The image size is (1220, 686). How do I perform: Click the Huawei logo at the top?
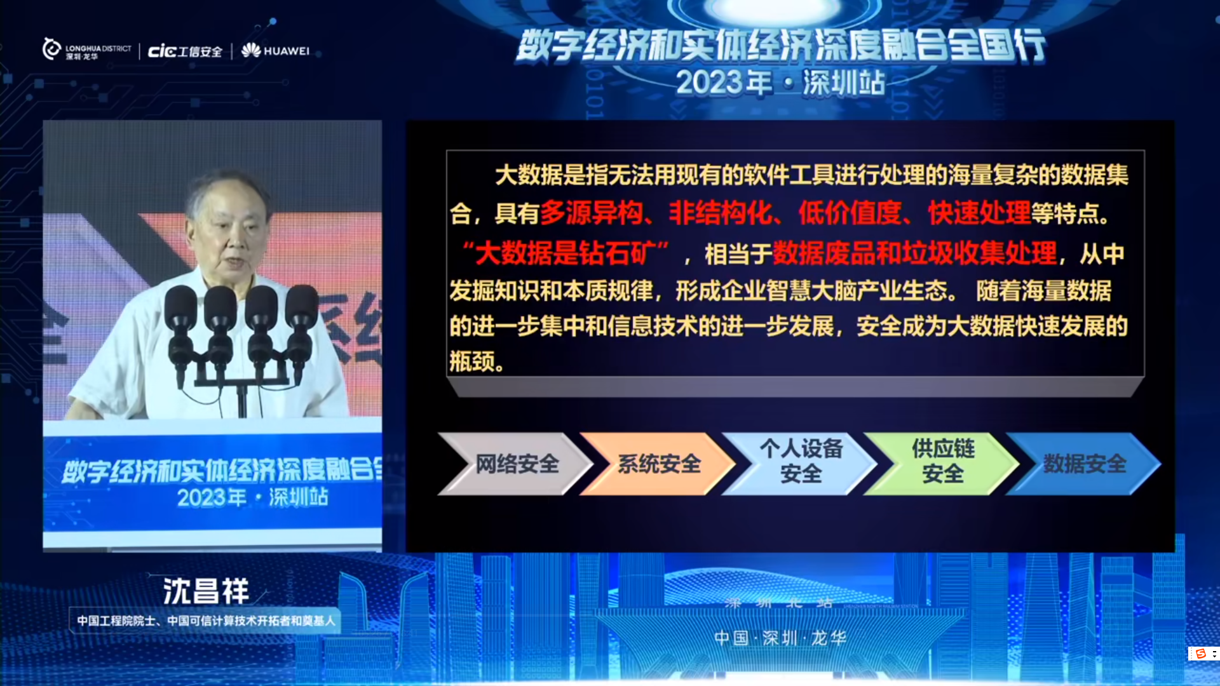pos(275,50)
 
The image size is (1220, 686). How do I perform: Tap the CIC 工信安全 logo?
pos(185,51)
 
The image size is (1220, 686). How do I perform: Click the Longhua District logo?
pos(87,50)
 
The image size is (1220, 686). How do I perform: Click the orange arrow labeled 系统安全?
pos(658,464)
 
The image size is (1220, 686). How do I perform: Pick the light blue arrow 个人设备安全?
pos(800,464)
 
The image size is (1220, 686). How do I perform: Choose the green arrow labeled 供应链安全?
pos(942,464)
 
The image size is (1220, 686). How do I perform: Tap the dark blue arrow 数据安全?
pos(1084,464)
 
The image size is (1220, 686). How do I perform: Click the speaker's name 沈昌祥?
pos(206,591)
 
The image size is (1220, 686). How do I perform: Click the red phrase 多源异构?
pos(592,213)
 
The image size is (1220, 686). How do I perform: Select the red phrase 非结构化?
pos(721,213)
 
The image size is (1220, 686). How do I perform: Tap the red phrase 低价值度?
pos(850,213)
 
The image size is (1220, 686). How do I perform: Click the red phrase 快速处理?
pos(979,213)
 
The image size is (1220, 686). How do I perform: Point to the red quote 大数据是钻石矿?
pos(565,253)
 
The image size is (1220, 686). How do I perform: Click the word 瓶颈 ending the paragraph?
pos(472,361)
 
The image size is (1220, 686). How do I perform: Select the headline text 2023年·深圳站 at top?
pos(780,83)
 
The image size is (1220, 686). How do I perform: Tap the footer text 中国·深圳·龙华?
pos(780,638)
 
